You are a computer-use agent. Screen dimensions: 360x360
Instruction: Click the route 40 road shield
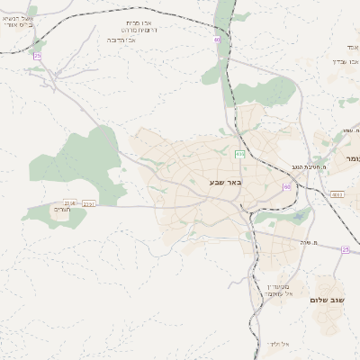click(217, 40)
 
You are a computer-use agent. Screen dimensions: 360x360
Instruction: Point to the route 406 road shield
click(239, 154)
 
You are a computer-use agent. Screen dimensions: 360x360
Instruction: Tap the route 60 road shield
click(286, 186)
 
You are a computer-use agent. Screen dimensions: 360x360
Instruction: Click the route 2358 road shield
click(70, 204)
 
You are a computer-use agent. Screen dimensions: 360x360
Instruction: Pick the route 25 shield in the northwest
click(38, 57)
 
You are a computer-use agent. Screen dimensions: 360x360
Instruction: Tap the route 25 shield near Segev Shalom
click(346, 249)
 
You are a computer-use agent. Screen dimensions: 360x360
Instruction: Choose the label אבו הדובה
click(124, 40)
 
